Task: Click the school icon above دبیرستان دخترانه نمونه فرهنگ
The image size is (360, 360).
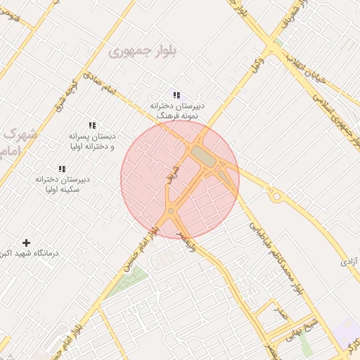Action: (x=176, y=95)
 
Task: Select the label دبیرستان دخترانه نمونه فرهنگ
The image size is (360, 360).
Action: (x=174, y=109)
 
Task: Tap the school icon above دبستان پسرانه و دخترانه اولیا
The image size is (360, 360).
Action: (x=92, y=125)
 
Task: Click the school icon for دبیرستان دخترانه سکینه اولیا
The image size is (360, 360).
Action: (x=62, y=169)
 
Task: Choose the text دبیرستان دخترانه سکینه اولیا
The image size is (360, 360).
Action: (x=67, y=184)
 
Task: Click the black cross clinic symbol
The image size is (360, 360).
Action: (x=27, y=243)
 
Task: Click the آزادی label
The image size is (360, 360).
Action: (x=349, y=261)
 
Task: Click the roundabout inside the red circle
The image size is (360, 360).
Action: (x=171, y=211)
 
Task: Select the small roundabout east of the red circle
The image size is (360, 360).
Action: (x=276, y=196)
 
